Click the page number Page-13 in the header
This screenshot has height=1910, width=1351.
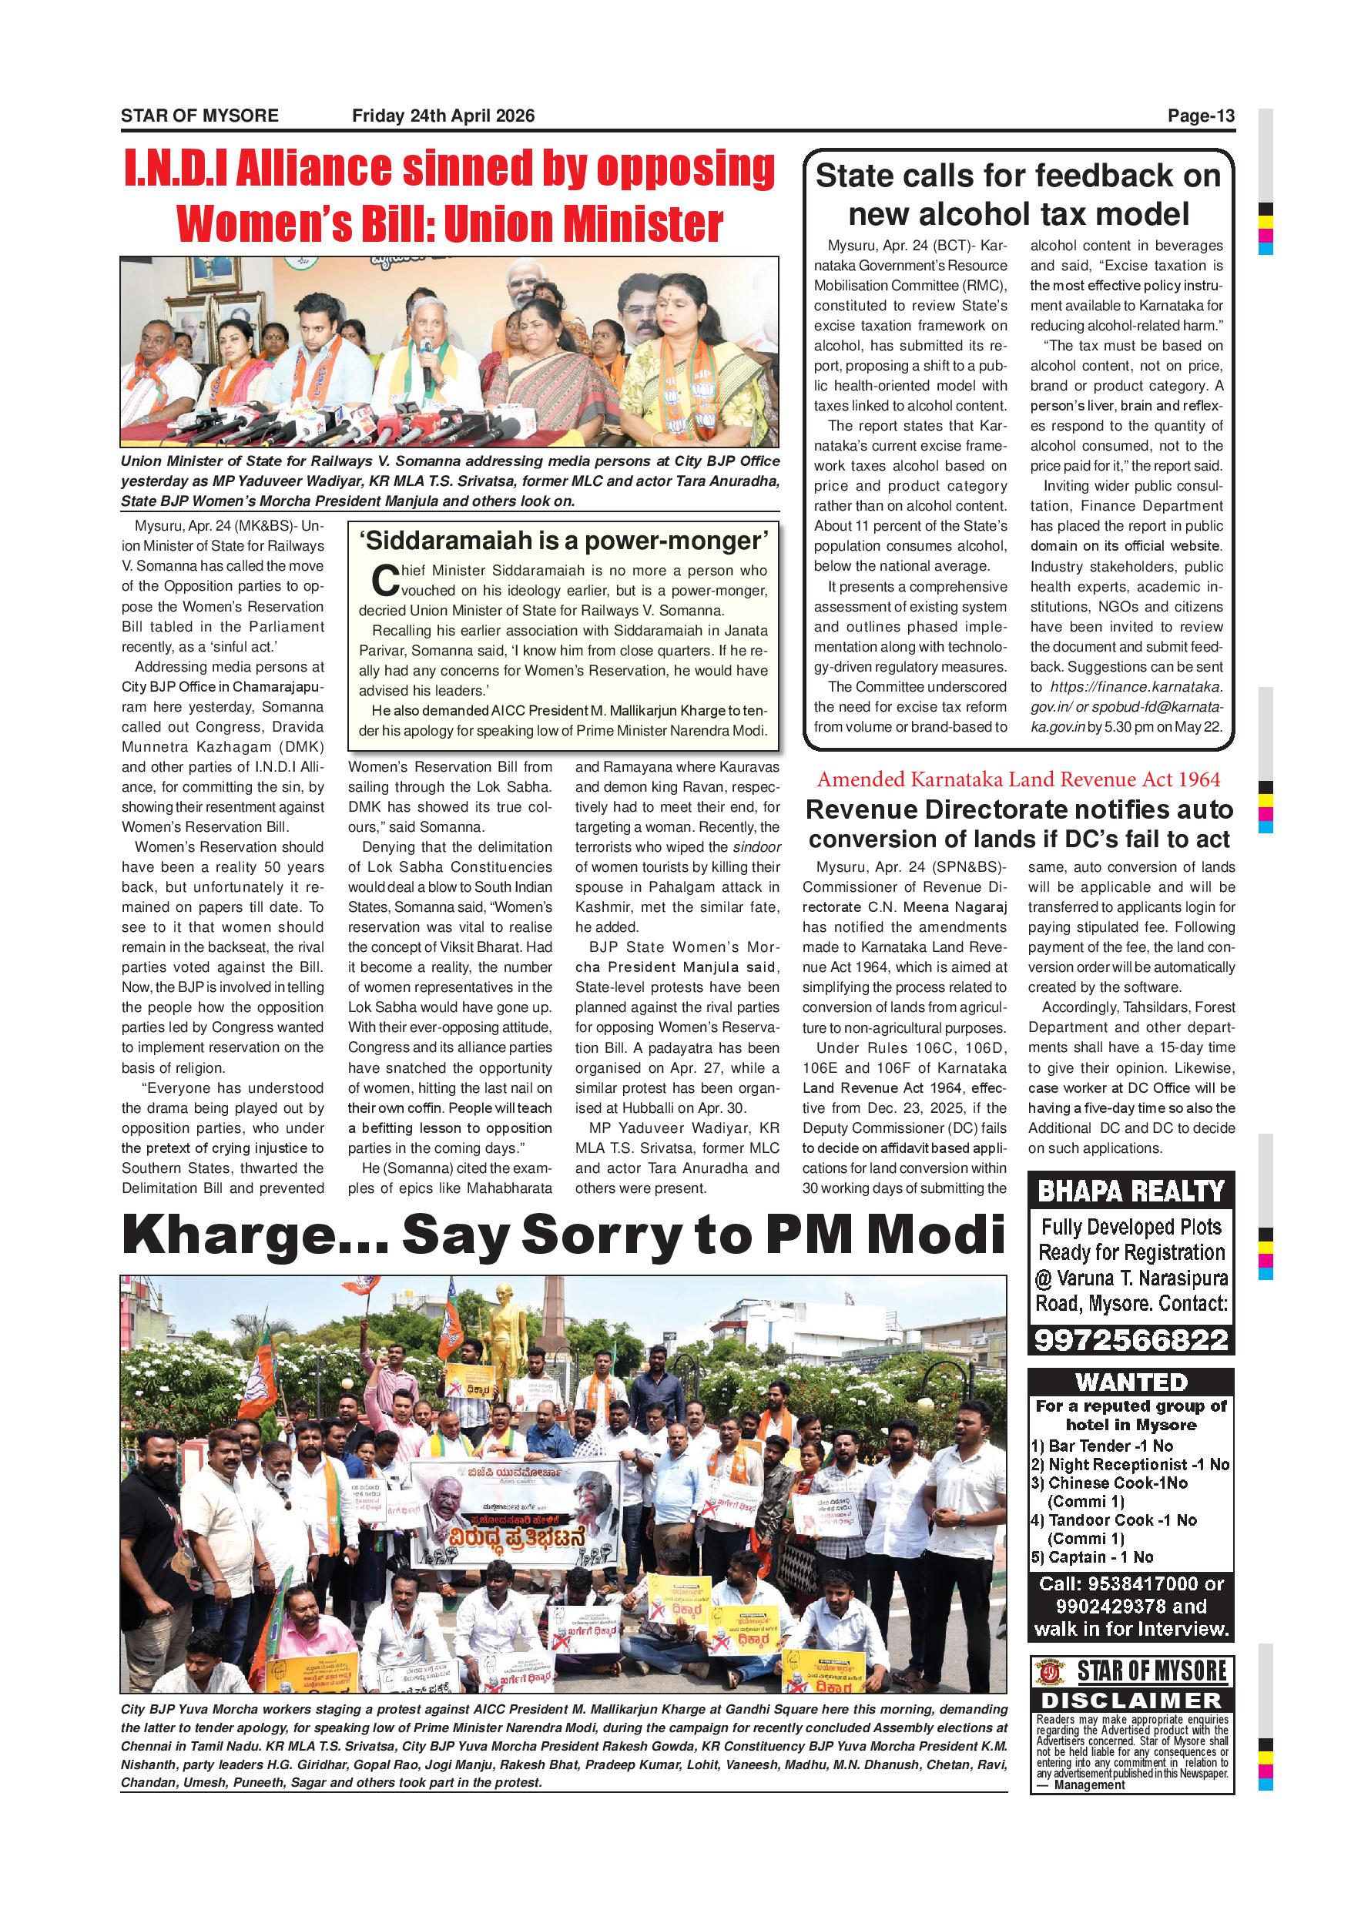click(x=1202, y=116)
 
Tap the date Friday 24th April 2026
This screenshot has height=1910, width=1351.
click(x=443, y=116)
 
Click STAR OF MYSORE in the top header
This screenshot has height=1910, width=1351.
click(x=199, y=116)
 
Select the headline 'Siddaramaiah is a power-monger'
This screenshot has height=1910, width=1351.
click(x=563, y=541)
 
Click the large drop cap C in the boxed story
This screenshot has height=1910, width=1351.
click(x=385, y=581)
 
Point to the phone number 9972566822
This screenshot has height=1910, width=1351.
click(x=1131, y=1339)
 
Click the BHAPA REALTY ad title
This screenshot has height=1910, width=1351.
click(x=1131, y=1191)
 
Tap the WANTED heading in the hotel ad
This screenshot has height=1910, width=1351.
click(x=1131, y=1382)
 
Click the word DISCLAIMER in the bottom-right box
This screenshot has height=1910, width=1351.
click(x=1131, y=1700)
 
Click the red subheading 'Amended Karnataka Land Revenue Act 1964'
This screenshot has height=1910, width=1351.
click(x=1018, y=779)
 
